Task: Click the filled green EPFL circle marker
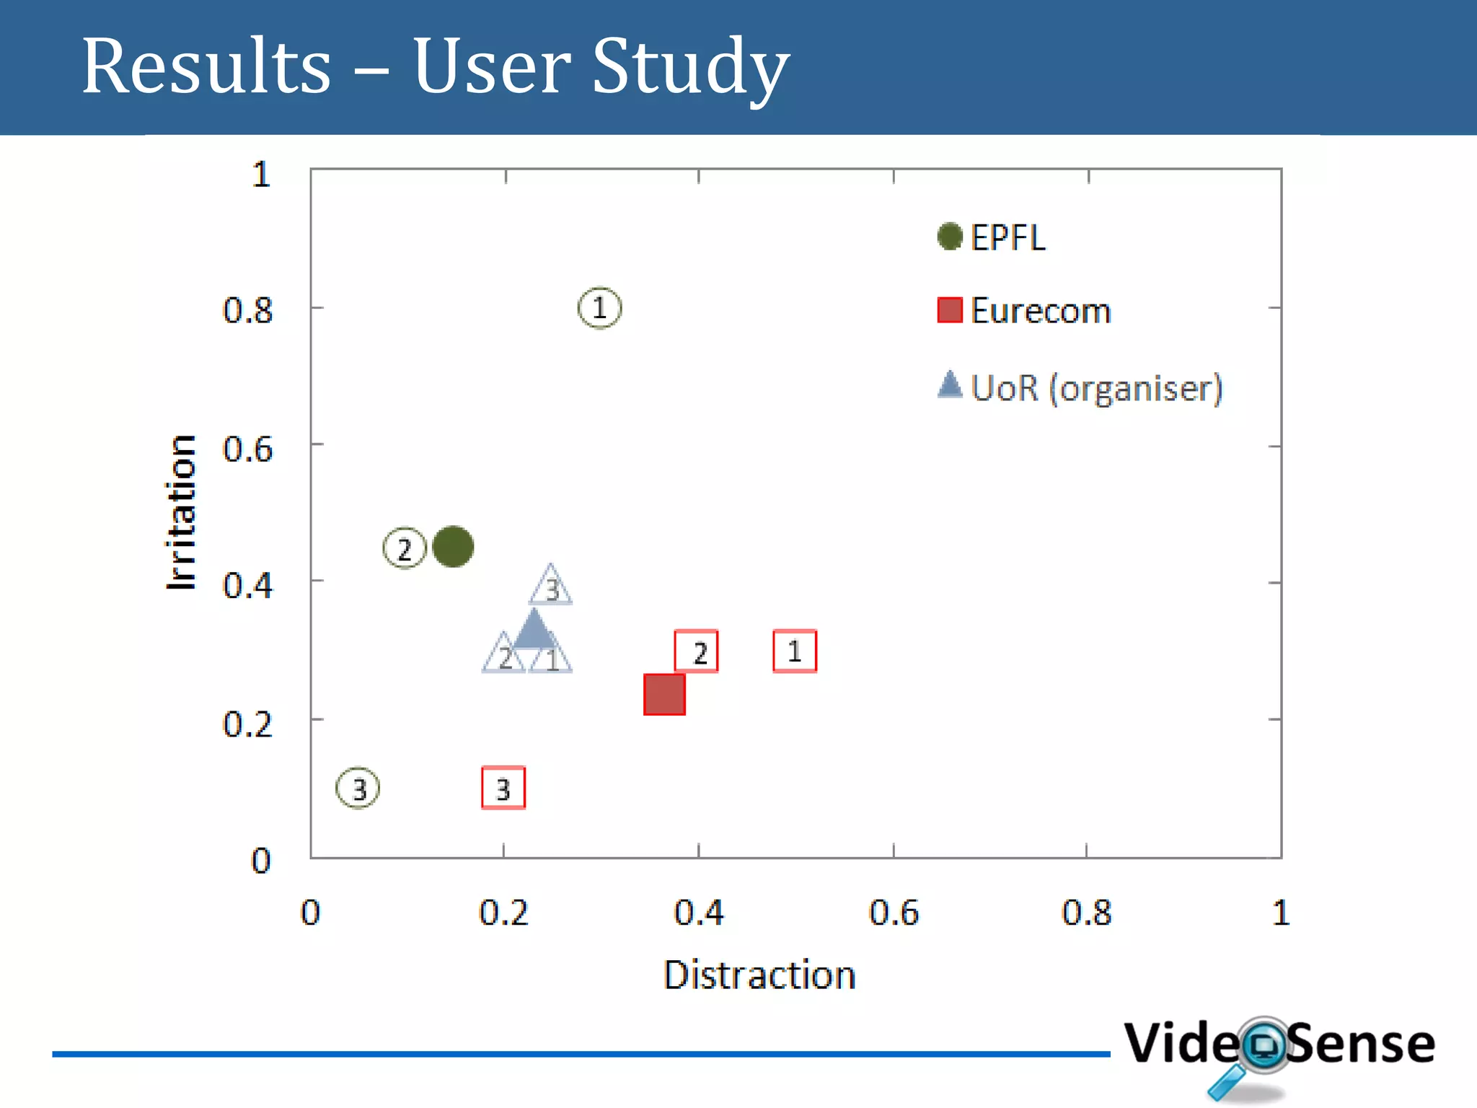(x=453, y=546)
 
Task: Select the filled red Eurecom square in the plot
(x=664, y=695)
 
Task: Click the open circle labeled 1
(x=599, y=308)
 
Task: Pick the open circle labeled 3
(x=358, y=788)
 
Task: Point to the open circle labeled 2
(x=404, y=549)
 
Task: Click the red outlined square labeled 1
(x=795, y=651)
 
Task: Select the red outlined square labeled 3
(x=503, y=788)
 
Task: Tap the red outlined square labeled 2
(x=696, y=651)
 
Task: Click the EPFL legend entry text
(x=1008, y=237)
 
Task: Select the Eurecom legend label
(x=1040, y=311)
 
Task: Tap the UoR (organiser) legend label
(x=1096, y=388)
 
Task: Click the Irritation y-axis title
(x=181, y=513)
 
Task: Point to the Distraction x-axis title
(x=759, y=975)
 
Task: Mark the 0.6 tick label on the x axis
(x=894, y=913)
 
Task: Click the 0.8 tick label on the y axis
(x=247, y=311)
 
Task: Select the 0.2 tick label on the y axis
(x=247, y=724)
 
